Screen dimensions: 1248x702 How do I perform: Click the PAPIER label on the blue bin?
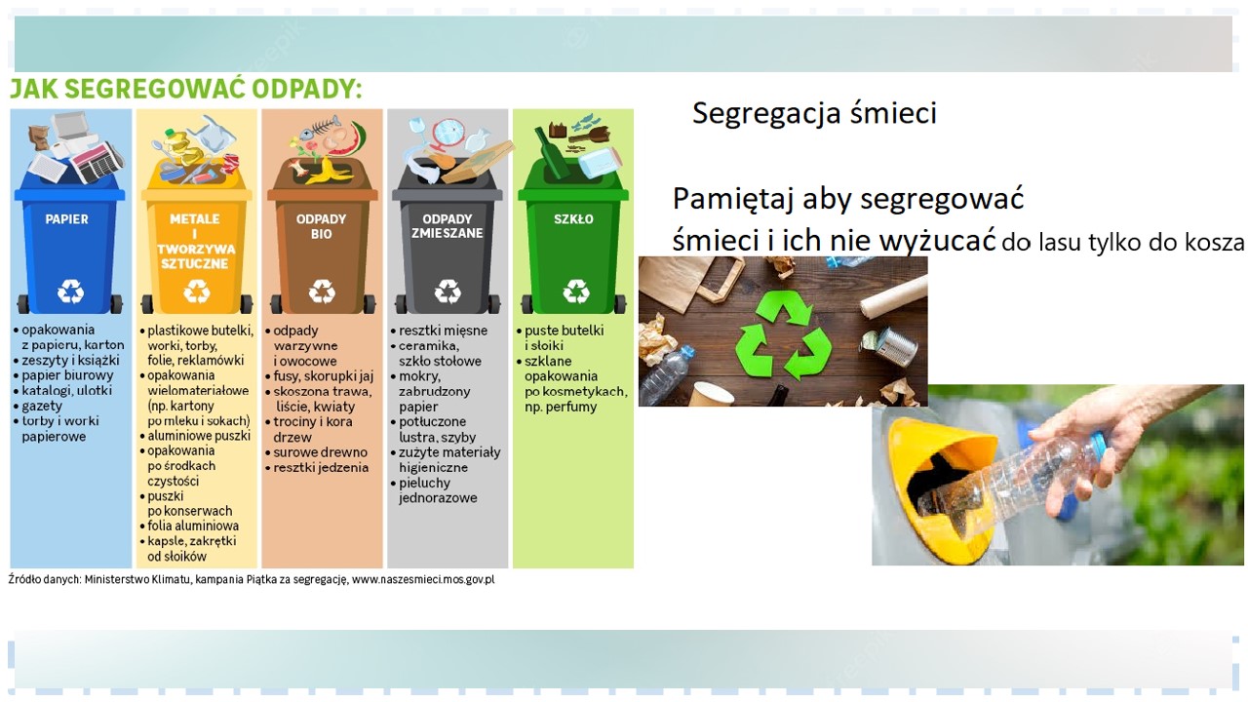pos(66,219)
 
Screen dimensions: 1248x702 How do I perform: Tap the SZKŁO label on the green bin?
pos(573,219)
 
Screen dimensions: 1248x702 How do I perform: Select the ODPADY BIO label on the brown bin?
pos(321,226)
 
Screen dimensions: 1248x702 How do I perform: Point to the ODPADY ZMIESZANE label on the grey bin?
pos(447,226)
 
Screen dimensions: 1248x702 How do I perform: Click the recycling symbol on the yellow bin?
pos(197,291)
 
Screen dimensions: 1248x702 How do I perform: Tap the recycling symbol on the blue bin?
pos(71,291)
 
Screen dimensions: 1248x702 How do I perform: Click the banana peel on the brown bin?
pos(328,171)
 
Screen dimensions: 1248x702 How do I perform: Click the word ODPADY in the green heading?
pos(306,89)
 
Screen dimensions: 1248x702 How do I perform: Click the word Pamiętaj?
pos(732,200)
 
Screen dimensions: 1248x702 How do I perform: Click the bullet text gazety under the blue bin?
pos(42,406)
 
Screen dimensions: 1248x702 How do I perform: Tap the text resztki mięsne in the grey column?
pos(443,331)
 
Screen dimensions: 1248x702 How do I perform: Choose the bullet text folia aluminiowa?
pos(193,526)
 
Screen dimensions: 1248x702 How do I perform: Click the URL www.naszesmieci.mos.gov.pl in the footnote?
pos(423,579)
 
